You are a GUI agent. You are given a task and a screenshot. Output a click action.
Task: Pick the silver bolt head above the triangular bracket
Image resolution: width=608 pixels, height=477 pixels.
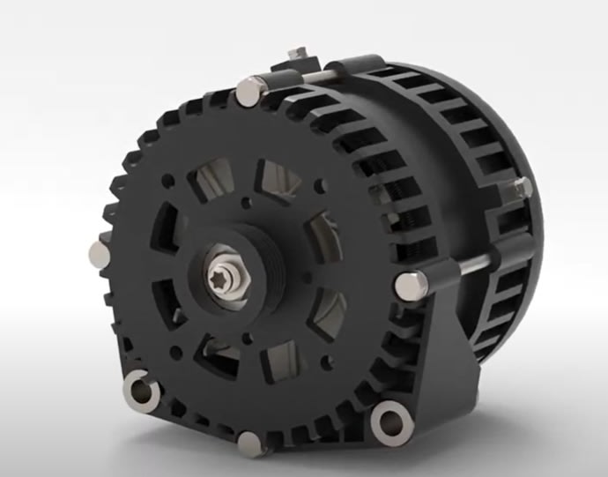point(407,284)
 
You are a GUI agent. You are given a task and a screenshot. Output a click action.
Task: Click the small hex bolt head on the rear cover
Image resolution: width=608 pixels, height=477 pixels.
point(522,187)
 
